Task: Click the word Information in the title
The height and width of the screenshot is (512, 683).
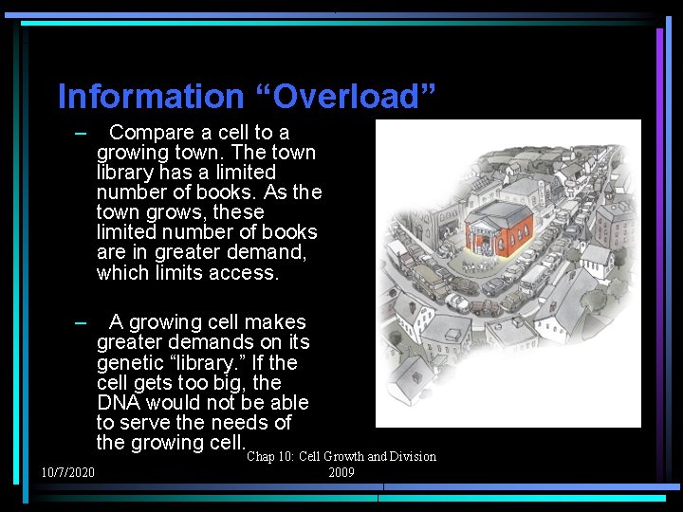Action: pyautogui.click(x=150, y=97)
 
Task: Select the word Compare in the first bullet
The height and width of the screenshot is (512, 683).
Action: pyautogui.click(x=152, y=133)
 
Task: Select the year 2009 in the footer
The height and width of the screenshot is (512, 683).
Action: pyautogui.click(x=341, y=472)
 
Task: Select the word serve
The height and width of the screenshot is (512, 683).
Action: pyautogui.click(x=146, y=423)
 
